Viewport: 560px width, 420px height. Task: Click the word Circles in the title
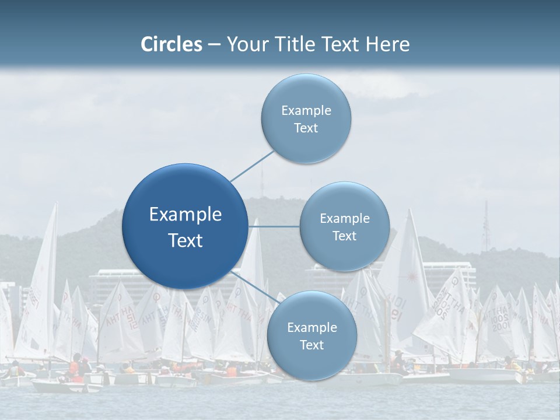point(171,44)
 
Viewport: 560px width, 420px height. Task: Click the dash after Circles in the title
point(214,45)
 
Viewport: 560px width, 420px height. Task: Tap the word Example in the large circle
point(185,214)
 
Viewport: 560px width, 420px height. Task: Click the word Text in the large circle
point(185,240)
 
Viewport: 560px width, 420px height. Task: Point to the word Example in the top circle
point(306,110)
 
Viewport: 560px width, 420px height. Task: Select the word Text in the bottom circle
point(311,345)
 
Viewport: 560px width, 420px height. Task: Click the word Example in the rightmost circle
point(344,218)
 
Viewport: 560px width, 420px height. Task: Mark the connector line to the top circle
point(252,166)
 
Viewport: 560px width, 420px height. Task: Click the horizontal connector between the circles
point(274,226)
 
